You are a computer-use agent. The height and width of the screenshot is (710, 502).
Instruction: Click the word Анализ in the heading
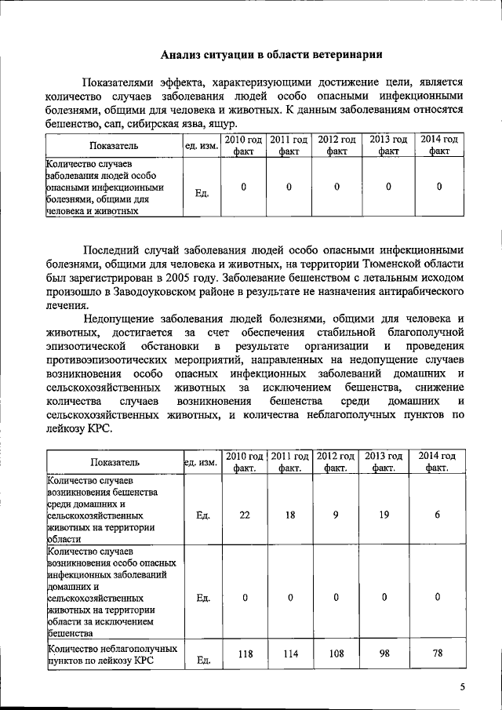coord(181,54)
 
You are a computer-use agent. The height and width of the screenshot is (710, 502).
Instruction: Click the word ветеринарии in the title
coord(345,54)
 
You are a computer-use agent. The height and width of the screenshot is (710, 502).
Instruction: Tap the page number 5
coord(463,687)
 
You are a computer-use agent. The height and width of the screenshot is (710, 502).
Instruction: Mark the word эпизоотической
coord(85,346)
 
